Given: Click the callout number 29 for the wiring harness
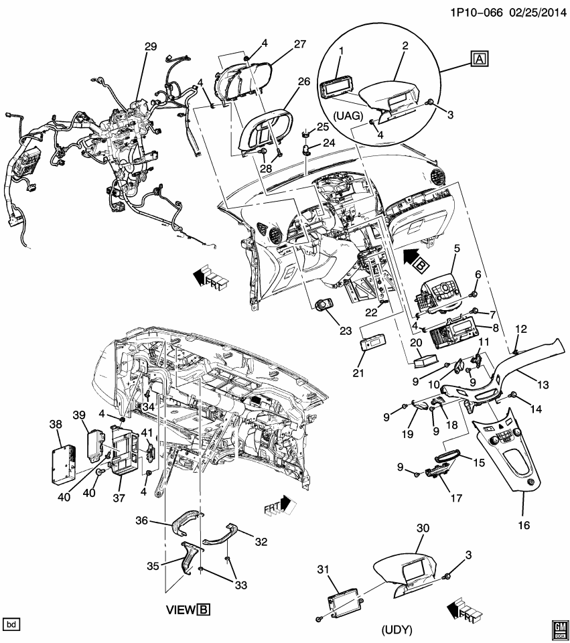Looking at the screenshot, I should click(150, 46).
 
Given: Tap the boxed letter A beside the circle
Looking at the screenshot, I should click(480, 60).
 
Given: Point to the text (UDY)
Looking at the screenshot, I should click(396, 630).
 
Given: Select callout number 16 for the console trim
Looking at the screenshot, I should click(523, 525).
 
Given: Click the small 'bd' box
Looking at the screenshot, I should click(11, 624).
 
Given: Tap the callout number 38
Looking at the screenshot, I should click(55, 424).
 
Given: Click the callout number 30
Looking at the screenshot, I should click(421, 529).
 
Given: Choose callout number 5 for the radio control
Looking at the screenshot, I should click(456, 248).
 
